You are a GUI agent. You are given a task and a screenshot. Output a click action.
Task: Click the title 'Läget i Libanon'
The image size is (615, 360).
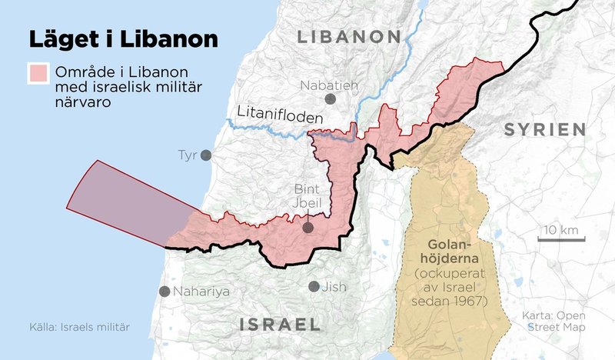coord(123,38)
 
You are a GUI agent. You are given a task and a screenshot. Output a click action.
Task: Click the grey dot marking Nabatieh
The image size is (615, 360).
coord(331,99)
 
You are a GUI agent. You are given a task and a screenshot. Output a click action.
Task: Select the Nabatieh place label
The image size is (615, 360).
coord(330,84)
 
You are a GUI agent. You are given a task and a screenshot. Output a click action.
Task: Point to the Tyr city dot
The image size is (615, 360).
coord(206,155)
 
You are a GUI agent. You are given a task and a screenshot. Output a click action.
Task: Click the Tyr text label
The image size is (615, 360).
coord(188,155)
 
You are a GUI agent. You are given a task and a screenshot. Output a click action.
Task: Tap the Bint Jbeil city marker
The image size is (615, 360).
coord(307,228)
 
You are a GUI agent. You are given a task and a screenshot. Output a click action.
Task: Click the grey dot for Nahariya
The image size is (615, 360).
coord(164,292)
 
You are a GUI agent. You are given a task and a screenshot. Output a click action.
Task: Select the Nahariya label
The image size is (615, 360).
coord(201,292)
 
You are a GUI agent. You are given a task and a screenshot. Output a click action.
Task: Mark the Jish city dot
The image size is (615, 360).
coord(314,286)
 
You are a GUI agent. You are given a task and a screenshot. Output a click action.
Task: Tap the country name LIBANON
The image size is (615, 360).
coord(349,37)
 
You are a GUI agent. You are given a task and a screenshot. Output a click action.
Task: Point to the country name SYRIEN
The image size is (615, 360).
coord(545,130)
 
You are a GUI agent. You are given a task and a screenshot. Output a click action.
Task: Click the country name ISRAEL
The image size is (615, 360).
coord(280,325)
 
